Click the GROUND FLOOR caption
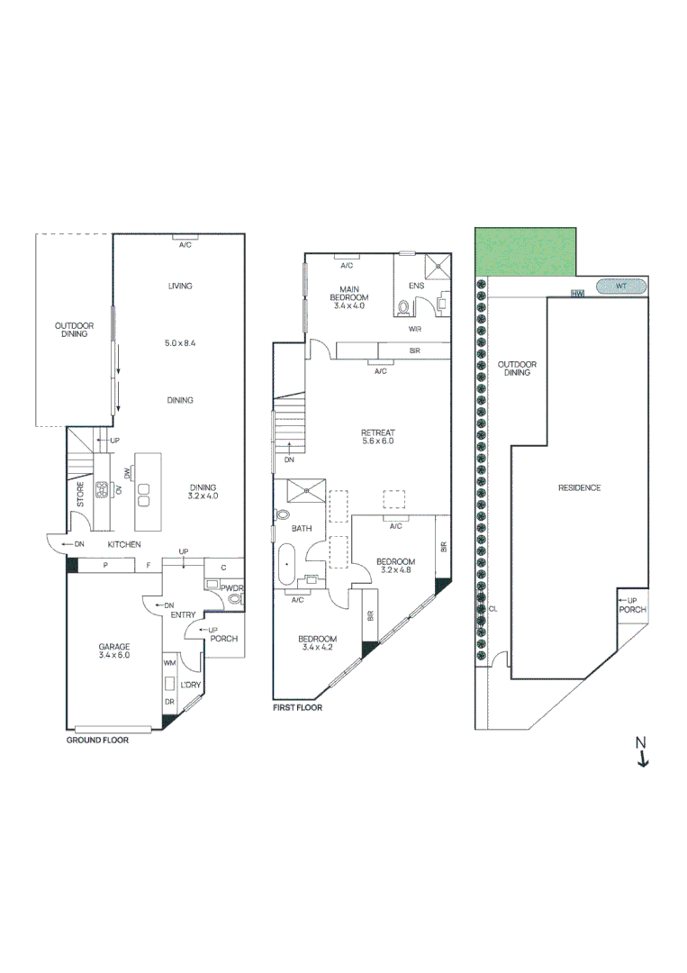coord(97,740)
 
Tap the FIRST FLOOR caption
coord(297,708)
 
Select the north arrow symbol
coord(642,751)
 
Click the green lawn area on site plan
coord(526,252)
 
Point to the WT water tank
coord(621,286)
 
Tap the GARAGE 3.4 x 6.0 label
coord(114,650)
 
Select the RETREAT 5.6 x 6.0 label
coord(377,438)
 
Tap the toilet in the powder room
coord(235,598)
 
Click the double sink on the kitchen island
coord(143,495)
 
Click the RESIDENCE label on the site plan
coord(579,487)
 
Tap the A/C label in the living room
coord(185,244)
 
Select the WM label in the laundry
coord(169,662)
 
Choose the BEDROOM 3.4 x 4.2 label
coord(319,642)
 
